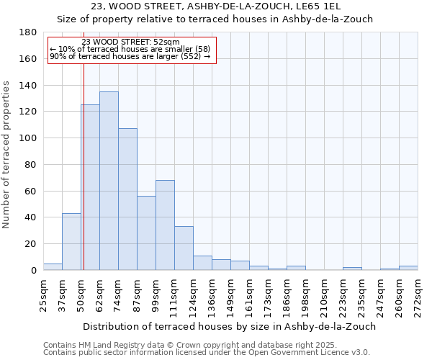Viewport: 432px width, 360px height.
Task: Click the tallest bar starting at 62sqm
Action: [109, 181]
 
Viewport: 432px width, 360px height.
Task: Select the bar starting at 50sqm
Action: [90, 187]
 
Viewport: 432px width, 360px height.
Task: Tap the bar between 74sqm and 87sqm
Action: [127, 199]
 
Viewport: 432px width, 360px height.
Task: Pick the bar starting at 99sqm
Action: [165, 225]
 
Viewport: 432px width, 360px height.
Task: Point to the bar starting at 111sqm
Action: [184, 248]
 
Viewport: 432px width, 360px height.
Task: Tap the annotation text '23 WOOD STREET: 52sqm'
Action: [131, 42]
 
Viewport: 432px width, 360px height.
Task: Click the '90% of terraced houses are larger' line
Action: [130, 56]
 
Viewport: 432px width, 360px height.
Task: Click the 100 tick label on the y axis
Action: [29, 138]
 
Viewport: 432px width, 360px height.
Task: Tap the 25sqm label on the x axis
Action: [43, 293]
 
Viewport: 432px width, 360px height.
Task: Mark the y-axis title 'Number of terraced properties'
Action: [6, 155]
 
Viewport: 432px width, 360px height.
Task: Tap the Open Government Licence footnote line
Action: [207, 352]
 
